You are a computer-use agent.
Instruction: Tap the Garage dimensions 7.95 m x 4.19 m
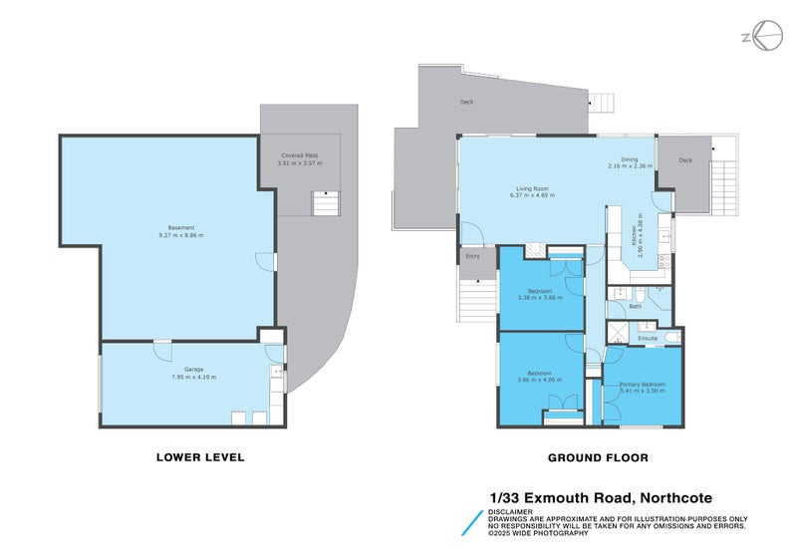tap(193, 377)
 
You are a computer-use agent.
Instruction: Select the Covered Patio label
tap(301, 154)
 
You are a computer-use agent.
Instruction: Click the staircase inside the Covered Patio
tap(325, 203)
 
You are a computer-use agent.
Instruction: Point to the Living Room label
tap(532, 187)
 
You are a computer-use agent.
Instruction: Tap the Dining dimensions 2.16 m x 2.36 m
tap(630, 166)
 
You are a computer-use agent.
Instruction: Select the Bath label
tap(635, 306)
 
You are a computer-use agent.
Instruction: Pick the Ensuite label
tap(648, 338)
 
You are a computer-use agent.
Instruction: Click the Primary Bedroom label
tap(642, 384)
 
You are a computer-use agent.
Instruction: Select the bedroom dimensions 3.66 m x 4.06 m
tap(540, 379)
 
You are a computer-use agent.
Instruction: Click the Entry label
tap(472, 257)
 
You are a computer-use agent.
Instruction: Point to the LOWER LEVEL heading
tap(200, 458)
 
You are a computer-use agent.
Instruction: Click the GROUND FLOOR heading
tap(598, 458)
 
